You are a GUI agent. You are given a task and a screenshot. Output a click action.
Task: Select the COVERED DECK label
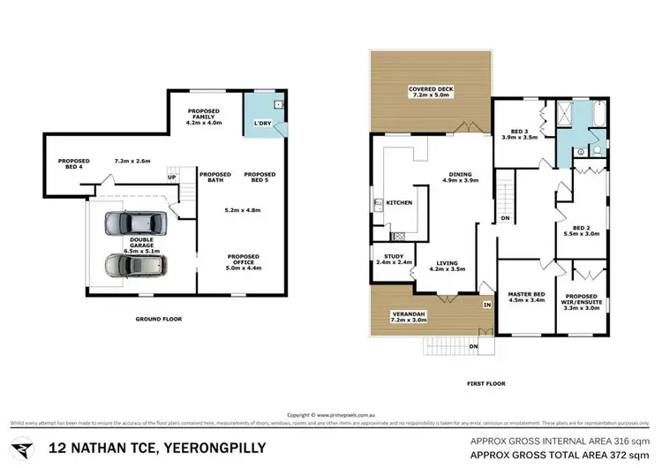[431, 92]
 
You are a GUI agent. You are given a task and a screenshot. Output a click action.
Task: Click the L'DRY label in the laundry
[261, 123]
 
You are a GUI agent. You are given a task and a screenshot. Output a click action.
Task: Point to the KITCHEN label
[400, 203]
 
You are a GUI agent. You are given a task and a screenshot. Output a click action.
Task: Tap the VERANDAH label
[409, 315]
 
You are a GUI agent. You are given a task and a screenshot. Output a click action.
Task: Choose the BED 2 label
[580, 229]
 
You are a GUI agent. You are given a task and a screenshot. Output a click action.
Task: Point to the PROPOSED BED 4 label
[74, 164]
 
